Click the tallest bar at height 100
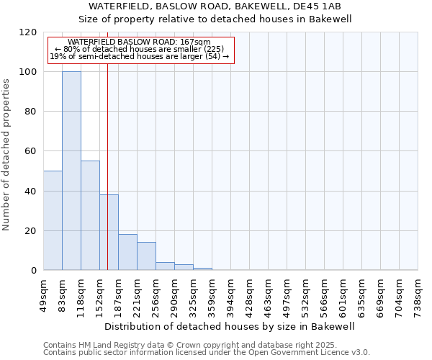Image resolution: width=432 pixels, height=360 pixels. [71, 171]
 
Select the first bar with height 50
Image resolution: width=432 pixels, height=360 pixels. [53, 220]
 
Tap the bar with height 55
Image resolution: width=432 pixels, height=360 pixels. [90, 215]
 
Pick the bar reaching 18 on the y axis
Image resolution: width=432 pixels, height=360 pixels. [127, 252]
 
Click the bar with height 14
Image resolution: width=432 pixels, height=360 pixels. [146, 256]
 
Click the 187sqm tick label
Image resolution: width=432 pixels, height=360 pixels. [118, 294]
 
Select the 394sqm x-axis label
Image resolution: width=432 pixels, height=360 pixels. [230, 294]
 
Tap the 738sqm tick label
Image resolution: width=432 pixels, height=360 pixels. [418, 294]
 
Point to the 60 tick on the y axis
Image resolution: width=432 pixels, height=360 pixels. [31, 151]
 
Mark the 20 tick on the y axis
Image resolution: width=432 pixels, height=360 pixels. [31, 231]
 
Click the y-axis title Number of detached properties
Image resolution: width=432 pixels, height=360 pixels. [7, 155]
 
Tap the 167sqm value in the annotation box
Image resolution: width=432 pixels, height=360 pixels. [194, 42]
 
